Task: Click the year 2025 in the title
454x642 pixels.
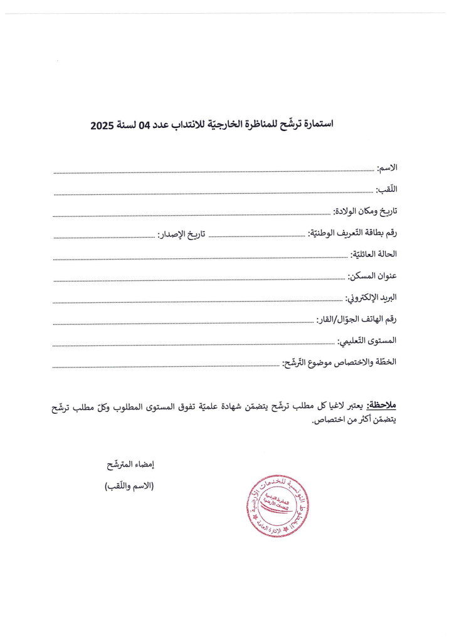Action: pyautogui.click(x=102, y=125)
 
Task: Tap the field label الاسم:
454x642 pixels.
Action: pyautogui.click(x=387, y=167)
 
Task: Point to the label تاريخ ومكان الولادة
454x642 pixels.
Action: pyautogui.click(x=365, y=211)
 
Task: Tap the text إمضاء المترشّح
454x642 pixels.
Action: pyautogui.click(x=130, y=465)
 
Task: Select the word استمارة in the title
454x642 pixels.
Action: pyautogui.click(x=314, y=124)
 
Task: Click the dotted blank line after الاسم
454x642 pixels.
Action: pyautogui.click(x=213, y=171)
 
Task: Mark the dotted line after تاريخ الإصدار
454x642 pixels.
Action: pyautogui.click(x=104, y=237)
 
